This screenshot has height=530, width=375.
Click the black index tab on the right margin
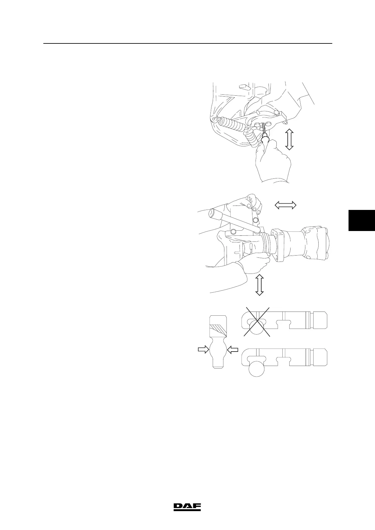(x=361, y=220)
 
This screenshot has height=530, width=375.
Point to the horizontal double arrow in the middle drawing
(x=286, y=205)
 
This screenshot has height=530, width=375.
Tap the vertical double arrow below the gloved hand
(x=259, y=285)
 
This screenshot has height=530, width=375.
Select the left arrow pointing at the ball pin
(x=203, y=349)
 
